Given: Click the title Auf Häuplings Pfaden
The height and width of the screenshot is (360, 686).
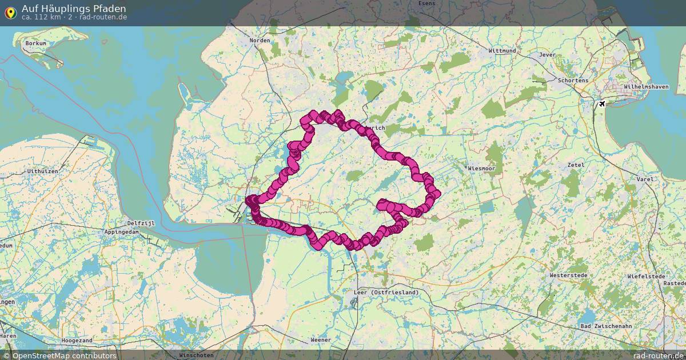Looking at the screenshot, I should (x=74, y=9).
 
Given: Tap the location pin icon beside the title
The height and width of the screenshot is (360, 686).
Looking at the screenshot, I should (x=10, y=12).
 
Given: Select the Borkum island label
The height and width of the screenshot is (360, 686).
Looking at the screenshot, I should (x=36, y=43).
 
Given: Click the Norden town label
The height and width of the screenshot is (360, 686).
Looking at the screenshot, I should (x=260, y=41).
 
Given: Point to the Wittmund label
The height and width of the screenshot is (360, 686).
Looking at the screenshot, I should (x=502, y=51).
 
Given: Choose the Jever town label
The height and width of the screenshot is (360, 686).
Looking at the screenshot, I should (x=547, y=55).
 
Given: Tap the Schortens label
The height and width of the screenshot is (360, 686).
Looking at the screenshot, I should (x=573, y=81).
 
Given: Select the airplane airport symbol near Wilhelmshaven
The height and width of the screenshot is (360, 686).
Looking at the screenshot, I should (x=601, y=104).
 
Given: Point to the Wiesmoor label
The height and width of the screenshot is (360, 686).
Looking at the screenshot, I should (x=481, y=169).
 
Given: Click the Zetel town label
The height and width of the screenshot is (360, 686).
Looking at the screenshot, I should (x=576, y=165).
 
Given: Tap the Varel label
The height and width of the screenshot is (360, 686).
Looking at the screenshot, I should (x=644, y=179).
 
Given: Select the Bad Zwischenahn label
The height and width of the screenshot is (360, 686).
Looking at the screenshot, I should (x=602, y=326).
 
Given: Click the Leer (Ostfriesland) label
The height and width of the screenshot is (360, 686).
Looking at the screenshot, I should (x=386, y=293).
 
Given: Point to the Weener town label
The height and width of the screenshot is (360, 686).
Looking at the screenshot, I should (x=321, y=340).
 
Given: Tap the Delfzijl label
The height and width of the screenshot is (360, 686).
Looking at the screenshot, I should (x=138, y=223).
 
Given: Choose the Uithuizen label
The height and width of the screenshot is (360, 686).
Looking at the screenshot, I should (x=40, y=171).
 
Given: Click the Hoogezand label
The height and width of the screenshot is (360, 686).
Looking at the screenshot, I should (x=77, y=340).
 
